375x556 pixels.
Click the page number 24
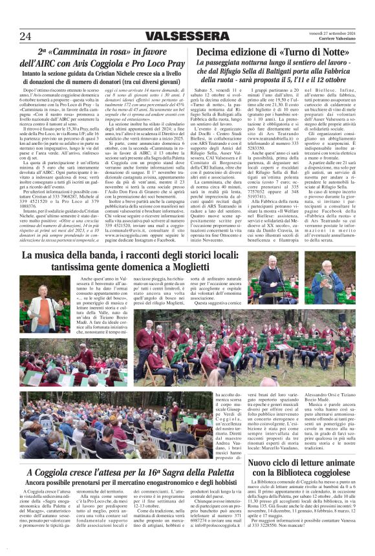click(x=25, y=35)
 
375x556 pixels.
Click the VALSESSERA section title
click(x=179, y=36)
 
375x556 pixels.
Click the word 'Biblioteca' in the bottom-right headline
click(x=289, y=475)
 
